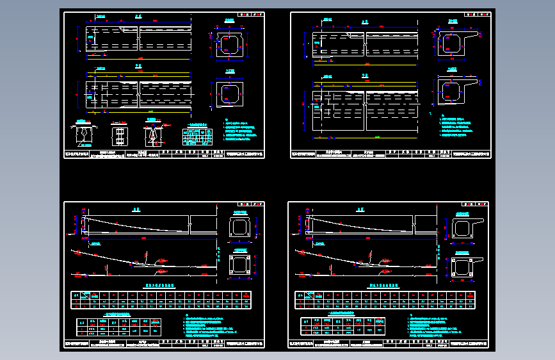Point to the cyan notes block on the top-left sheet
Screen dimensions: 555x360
[x=243, y=131]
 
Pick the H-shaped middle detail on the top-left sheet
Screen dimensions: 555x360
[x=119, y=136]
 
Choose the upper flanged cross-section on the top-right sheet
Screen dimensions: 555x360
[x=454, y=43]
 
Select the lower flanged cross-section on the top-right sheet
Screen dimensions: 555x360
[x=454, y=90]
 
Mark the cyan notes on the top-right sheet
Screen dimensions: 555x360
[x=457, y=126]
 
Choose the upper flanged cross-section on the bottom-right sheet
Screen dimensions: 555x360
[x=466, y=229]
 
